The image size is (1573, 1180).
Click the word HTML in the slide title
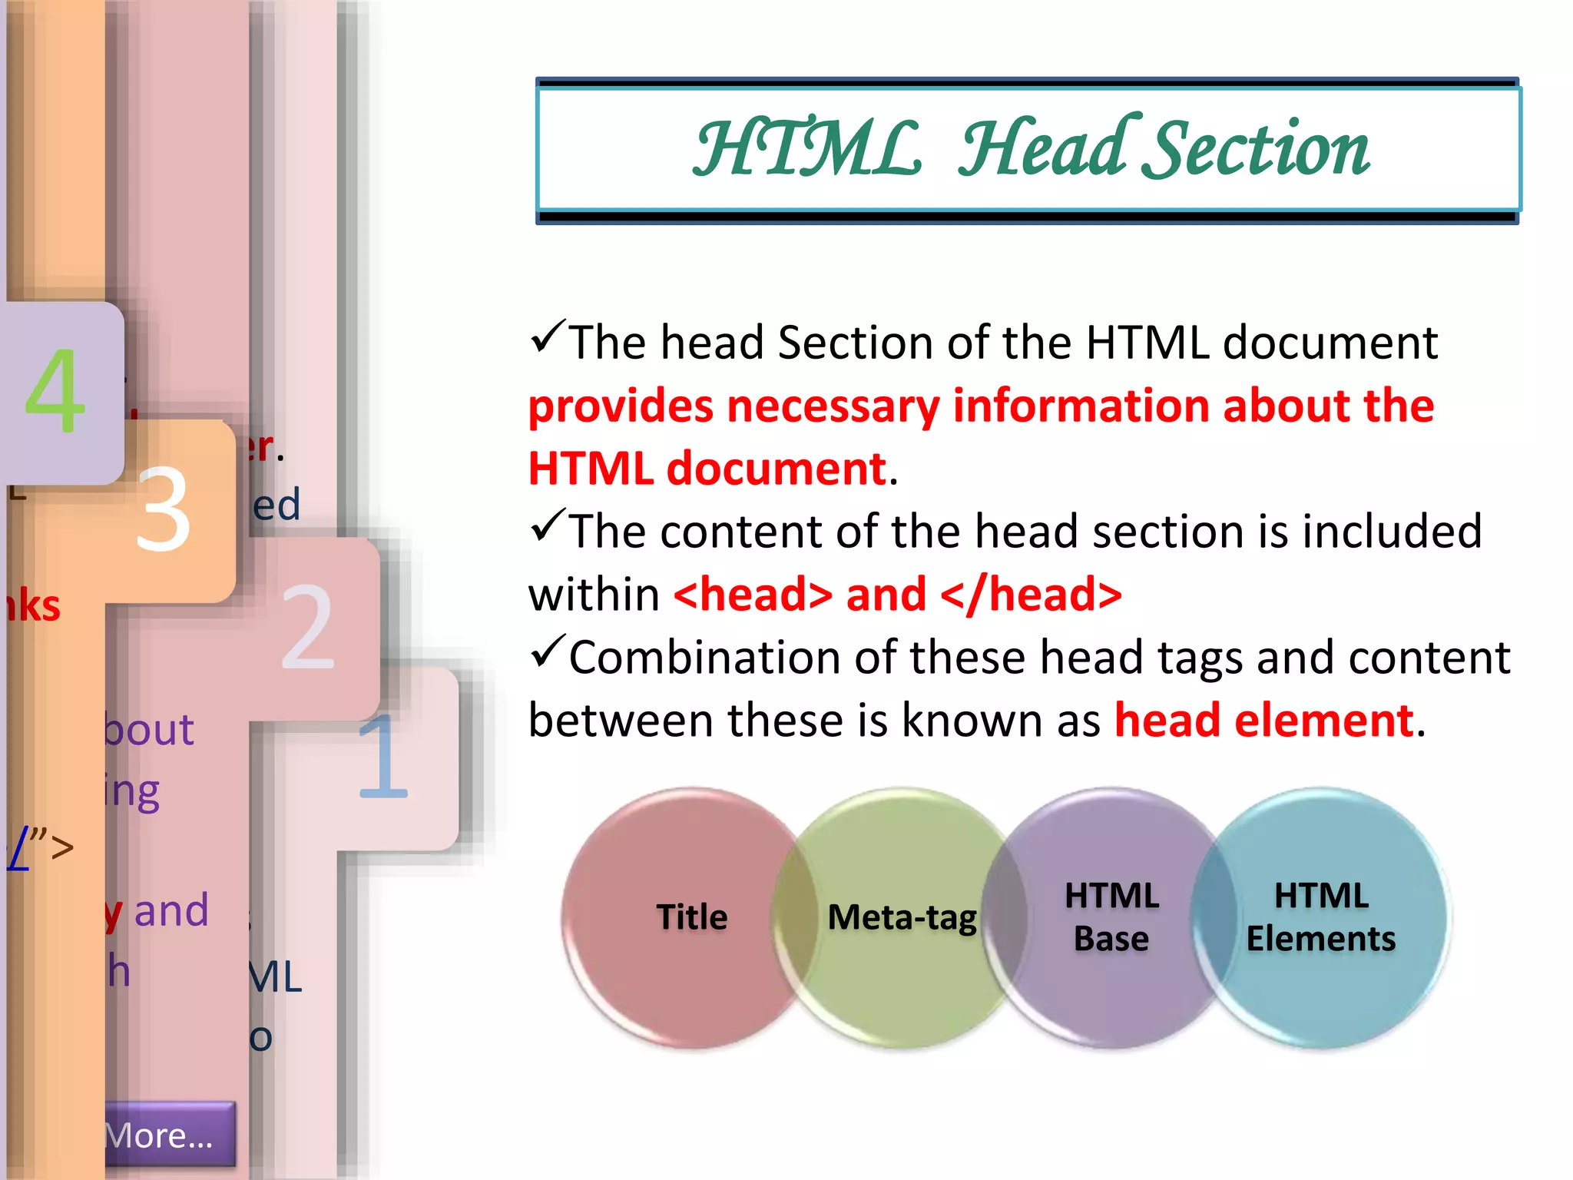pyautogui.click(x=806, y=149)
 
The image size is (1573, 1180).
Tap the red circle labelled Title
pyautogui.click(x=691, y=917)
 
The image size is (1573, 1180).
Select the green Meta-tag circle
pyautogui.click(x=902, y=917)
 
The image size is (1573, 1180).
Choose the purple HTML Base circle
pyautogui.click(x=1111, y=917)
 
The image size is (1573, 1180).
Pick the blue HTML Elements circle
pyautogui.click(x=1321, y=917)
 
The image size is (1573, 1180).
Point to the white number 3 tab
pyautogui.click(x=163, y=509)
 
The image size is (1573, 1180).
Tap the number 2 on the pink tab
pyautogui.click(x=307, y=626)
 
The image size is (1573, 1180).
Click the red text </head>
pyautogui.click(x=1031, y=595)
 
